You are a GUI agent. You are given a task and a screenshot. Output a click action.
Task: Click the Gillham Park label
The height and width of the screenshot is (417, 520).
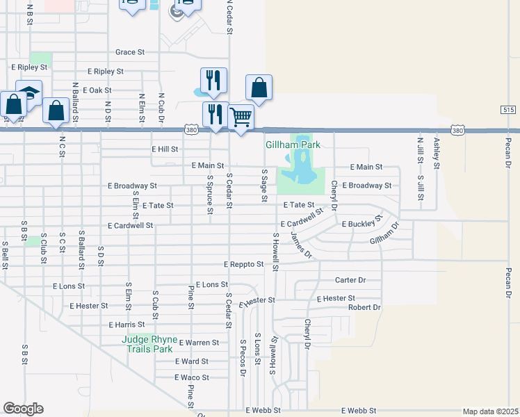[x=292, y=145]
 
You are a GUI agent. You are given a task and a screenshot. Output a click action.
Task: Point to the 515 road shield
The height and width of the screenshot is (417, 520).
[x=507, y=110]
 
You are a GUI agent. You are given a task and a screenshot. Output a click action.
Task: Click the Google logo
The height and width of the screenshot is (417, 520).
[x=23, y=409]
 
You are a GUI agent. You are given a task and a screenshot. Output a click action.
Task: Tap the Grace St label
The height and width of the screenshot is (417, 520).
[x=130, y=52]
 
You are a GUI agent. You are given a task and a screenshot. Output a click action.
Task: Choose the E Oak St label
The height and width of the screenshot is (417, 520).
[x=97, y=90]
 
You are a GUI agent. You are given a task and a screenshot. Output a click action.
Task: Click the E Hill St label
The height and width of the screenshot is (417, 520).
[x=165, y=149]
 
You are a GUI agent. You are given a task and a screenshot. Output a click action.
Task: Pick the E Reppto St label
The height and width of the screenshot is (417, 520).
[x=243, y=264]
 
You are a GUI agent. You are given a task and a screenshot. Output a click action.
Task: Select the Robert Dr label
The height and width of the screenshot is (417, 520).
[x=364, y=306]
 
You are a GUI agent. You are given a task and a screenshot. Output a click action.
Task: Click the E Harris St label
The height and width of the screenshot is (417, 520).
[x=127, y=325]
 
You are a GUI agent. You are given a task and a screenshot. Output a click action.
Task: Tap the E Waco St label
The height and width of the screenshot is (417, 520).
[x=191, y=377]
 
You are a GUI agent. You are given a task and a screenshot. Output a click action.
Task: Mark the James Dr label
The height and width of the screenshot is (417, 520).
[x=301, y=245]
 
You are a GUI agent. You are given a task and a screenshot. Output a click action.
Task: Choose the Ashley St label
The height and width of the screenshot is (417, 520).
[x=437, y=153]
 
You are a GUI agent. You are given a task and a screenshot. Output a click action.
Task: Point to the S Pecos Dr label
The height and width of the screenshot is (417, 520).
[x=243, y=358]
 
